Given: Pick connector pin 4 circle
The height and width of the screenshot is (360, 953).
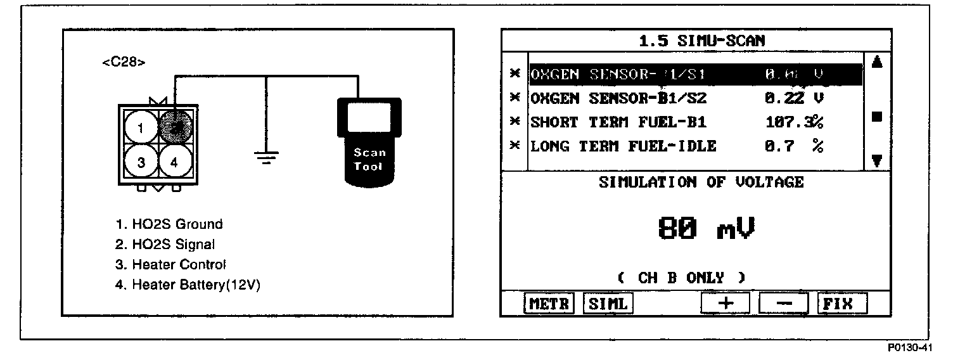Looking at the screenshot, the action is coord(173,162).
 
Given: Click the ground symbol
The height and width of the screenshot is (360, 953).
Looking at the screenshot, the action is coord(267,156).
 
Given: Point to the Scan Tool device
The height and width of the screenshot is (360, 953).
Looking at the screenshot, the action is coord(369,141).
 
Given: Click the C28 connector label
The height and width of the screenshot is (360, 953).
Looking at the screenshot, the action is coord(124,63).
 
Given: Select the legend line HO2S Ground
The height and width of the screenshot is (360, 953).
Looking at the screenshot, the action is coord(169,224).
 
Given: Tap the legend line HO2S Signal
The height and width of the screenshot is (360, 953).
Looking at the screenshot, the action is coord(166,244).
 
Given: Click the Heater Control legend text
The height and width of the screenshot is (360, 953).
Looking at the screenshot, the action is coord(170,264).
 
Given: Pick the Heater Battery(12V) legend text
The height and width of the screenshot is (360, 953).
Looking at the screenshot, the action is coord(188,285).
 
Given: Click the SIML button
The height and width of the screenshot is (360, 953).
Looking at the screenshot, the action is coord(608,304).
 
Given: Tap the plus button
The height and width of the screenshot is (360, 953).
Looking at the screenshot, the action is coord(726,304).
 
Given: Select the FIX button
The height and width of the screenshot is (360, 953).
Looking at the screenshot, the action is coord(841,304).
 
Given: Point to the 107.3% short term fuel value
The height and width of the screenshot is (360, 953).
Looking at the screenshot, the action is coord(794,122).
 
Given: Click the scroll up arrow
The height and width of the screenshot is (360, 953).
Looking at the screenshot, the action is coord(877,62).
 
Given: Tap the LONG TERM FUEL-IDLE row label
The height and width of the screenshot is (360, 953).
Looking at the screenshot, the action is coord(623,146).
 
